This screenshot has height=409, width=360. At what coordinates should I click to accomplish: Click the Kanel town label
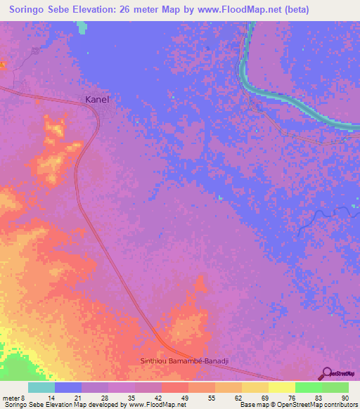[97, 100]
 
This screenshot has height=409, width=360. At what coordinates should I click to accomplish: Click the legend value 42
[157, 397]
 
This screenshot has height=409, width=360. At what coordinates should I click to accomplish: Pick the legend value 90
[345, 397]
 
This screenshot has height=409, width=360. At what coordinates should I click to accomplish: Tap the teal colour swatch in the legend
[41, 387]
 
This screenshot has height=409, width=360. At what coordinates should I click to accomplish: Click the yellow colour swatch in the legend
[281, 387]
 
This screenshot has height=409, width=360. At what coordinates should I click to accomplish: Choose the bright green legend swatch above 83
[308, 387]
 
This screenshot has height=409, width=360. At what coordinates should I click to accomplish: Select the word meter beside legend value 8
[12, 397]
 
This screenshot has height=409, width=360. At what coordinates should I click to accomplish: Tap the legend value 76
[290, 397]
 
